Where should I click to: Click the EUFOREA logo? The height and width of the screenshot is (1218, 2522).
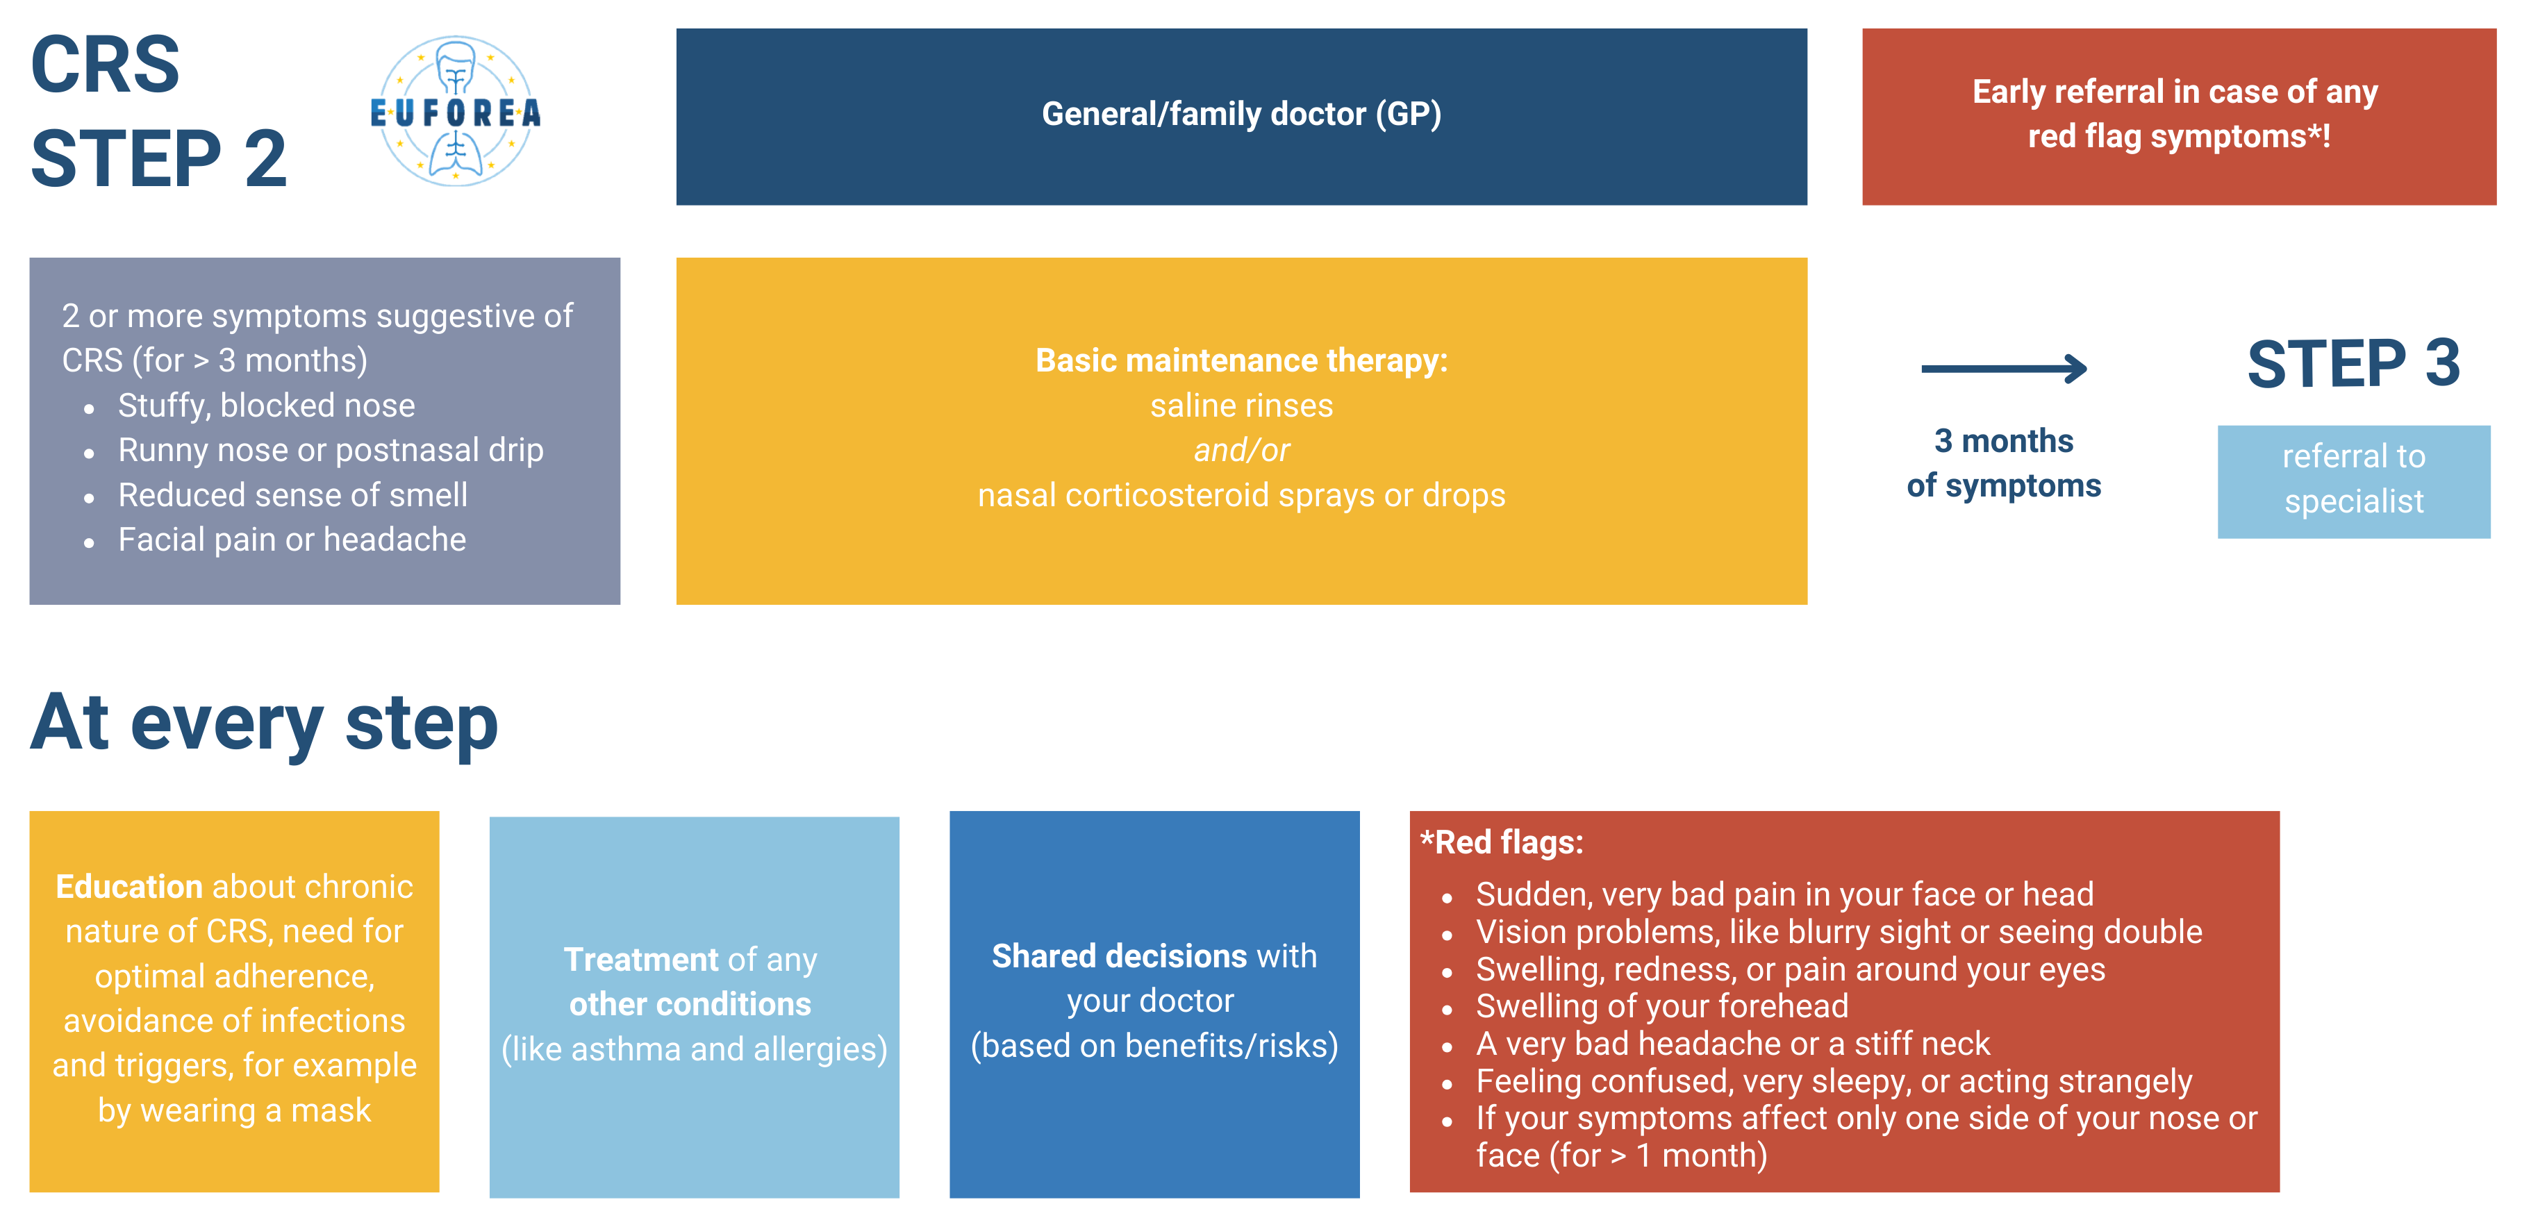coord(455,112)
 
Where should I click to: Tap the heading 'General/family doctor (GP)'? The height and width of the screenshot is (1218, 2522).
coord(1241,115)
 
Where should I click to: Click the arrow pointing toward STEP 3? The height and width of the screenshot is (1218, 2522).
coord(2004,368)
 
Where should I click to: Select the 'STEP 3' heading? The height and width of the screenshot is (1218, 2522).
coord(2354,363)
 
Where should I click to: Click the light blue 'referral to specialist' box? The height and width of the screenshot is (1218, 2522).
coord(2354,481)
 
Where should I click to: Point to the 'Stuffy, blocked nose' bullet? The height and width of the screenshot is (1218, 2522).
coord(266,406)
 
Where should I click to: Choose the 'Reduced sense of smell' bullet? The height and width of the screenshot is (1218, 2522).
coord(292,494)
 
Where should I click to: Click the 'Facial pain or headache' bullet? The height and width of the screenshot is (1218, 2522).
coord(292,540)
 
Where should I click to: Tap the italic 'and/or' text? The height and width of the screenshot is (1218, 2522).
coord(1241,451)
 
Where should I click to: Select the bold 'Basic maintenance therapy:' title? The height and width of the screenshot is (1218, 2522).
coord(1241,360)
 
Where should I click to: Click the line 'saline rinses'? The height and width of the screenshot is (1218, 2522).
coord(1241,406)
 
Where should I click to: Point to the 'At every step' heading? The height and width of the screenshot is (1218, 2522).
coord(265,724)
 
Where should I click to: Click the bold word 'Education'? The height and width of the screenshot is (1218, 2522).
coord(128,886)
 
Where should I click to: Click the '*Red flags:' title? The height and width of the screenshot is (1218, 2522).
coord(1502,842)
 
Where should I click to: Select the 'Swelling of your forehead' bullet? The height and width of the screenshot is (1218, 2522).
coord(1661,1006)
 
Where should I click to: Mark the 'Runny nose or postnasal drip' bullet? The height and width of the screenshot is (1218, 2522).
coord(331,451)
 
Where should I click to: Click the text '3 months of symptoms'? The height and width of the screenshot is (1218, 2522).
coord(2004,463)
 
